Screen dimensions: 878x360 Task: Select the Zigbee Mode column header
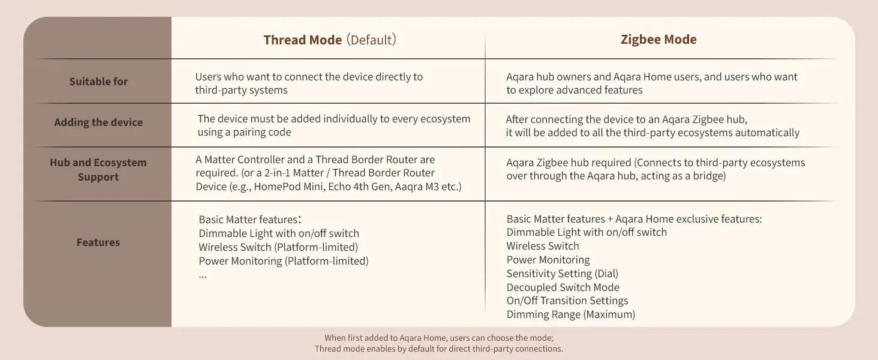click(659, 40)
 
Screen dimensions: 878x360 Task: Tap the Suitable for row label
click(98, 82)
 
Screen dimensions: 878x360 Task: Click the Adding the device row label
click(98, 122)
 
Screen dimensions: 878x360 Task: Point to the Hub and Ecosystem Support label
click(98, 169)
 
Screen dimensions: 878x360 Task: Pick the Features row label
click(98, 242)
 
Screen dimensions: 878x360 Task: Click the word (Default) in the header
click(371, 40)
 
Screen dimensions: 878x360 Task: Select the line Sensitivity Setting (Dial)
click(562, 274)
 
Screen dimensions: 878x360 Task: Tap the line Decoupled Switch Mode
click(563, 287)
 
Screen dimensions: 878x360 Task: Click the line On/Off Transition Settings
click(567, 301)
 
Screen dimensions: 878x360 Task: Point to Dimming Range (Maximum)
click(571, 314)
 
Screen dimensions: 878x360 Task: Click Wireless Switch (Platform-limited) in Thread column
click(278, 247)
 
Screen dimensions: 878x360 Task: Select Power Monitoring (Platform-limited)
click(284, 261)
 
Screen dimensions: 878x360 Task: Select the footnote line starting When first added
click(439, 338)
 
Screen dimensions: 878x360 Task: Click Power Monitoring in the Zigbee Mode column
click(548, 260)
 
